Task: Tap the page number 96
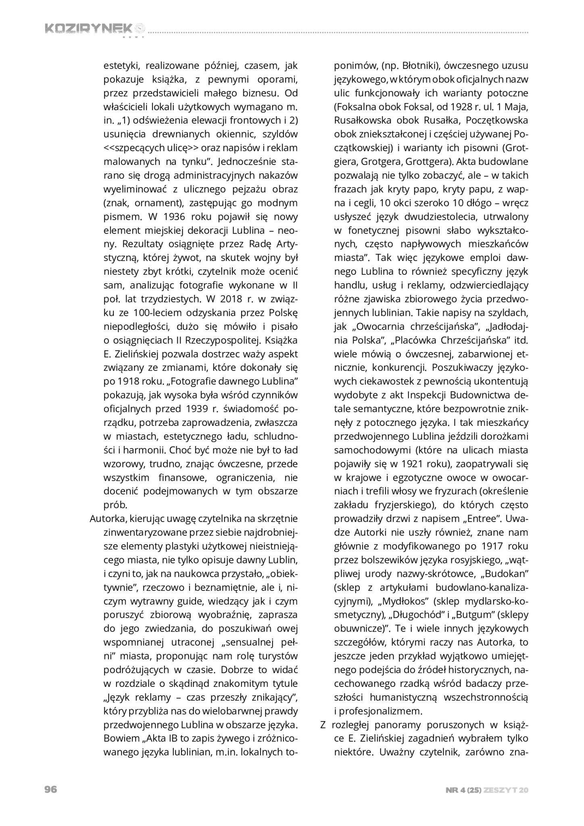[x=50, y=789]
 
